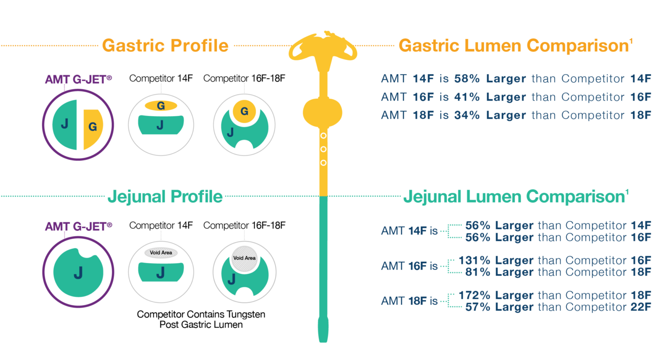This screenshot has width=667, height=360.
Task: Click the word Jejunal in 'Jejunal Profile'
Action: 137,197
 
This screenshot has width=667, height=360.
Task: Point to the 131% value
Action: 474,260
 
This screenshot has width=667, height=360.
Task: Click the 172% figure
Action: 474,295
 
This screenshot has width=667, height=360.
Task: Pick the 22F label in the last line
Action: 641,307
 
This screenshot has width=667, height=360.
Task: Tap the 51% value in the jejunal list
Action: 477,272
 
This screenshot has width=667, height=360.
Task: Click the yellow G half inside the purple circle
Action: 92,127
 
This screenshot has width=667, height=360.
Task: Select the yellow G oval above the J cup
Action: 161,105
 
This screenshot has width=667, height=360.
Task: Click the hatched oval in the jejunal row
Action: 161,252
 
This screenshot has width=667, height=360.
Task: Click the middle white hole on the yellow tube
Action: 323,149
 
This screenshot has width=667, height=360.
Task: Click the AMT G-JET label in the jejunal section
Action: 78,226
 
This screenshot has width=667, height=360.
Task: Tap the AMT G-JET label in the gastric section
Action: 78,79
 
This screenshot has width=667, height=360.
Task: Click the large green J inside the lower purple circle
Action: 78,273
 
